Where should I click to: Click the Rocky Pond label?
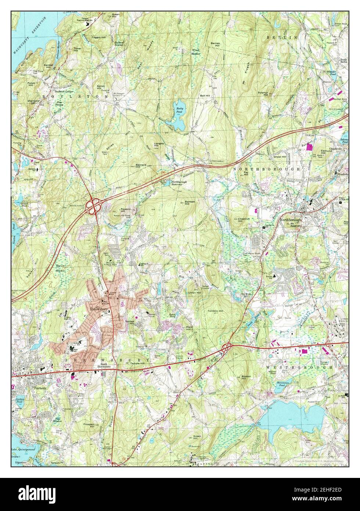point(179,110)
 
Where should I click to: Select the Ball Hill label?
point(205,96)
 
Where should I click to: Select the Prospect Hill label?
point(89,426)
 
